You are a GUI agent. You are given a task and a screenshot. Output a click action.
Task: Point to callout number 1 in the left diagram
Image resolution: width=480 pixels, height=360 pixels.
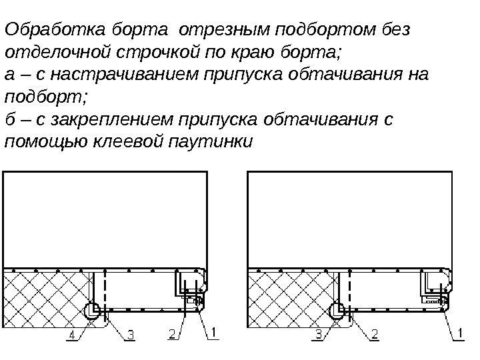point(213,331)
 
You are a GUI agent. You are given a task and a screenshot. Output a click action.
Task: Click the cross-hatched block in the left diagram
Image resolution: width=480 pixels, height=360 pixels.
point(47,297)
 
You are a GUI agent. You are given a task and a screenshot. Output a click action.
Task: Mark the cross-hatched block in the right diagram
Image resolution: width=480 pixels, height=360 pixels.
point(290,297)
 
